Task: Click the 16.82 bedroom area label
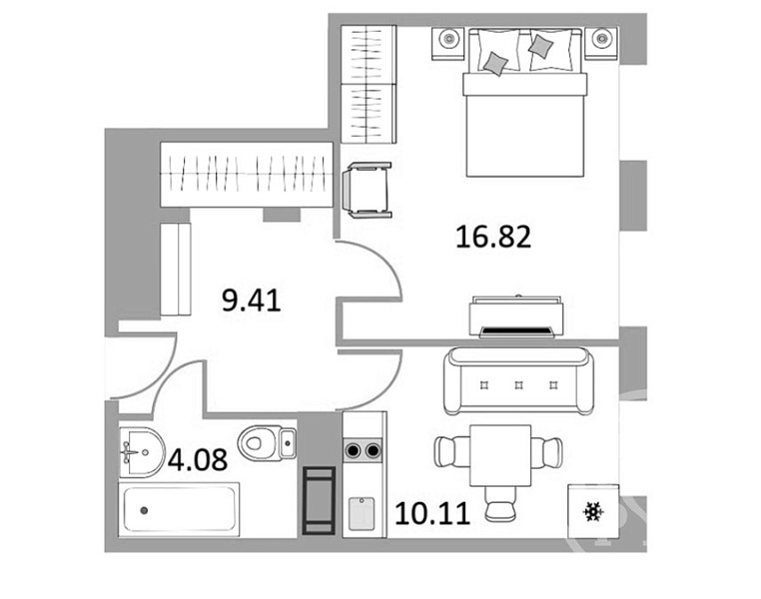coord(493,238)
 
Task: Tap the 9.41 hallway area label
coord(252,300)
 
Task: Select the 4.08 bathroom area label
coord(198,460)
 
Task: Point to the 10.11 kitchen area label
coord(432,513)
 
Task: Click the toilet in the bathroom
coord(267,443)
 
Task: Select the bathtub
coord(180,510)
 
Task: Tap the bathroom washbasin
coord(141,452)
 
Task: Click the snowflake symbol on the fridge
coord(593,512)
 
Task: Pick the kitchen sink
coord(362,514)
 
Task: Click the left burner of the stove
coord(353,451)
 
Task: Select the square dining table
coord(500,455)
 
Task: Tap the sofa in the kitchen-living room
coord(518,380)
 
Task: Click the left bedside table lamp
coord(449,37)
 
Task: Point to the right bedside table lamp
coord(602,37)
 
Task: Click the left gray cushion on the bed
coord(495,64)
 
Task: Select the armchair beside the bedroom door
coord(368,189)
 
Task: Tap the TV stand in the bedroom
coord(517,315)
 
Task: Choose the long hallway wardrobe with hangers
coord(247,175)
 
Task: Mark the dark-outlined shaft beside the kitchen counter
coord(319,500)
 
